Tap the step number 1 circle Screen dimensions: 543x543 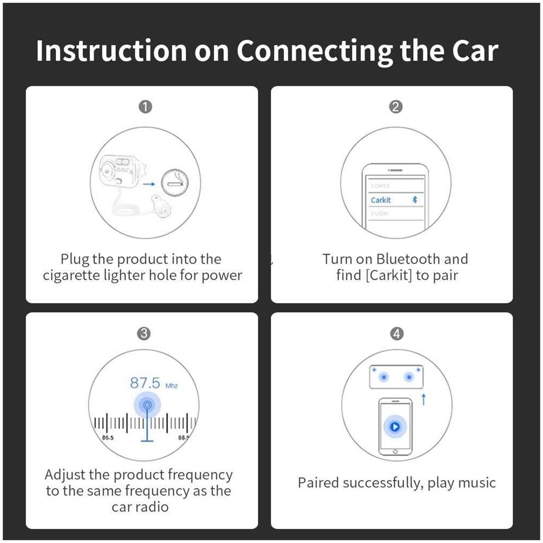pyautogui.click(x=145, y=107)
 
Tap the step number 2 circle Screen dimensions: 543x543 pyautogui.click(x=396, y=107)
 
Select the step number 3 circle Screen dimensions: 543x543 pyautogui.click(x=144, y=334)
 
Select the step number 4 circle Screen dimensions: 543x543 pyautogui.click(x=397, y=334)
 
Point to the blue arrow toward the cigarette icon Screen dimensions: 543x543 pyautogui.click(x=149, y=184)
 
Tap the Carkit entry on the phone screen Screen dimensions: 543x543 pyautogui.click(x=381, y=200)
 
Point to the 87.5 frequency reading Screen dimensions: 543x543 pyautogui.click(x=145, y=383)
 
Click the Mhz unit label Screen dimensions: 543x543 pyautogui.click(x=172, y=386)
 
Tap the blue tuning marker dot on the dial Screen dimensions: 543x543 pyautogui.click(x=145, y=405)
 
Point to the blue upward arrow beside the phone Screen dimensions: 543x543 pyautogui.click(x=424, y=400)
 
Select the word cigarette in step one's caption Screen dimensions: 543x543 pyautogui.click(x=72, y=275)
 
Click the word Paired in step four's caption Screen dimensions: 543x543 pyautogui.click(x=318, y=482)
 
